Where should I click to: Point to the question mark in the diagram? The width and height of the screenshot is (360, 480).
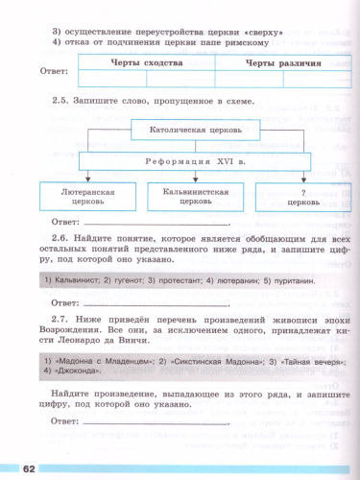(x=290, y=191)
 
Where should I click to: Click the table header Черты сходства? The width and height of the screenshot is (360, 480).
(x=145, y=60)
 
